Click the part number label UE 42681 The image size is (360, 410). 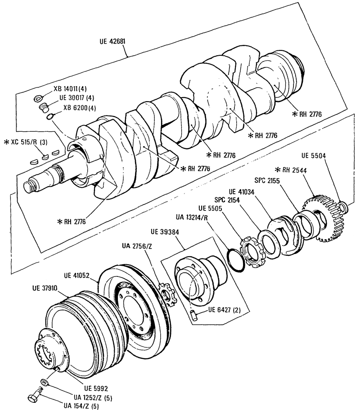(112, 41)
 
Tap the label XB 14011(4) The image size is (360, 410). (70, 89)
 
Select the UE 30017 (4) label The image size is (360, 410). (76, 98)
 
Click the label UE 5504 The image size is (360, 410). (314, 156)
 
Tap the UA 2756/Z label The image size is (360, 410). (137, 246)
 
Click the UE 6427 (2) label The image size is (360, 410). (225, 310)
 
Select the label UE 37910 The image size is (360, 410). (45, 288)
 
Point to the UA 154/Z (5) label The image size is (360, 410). (81, 406)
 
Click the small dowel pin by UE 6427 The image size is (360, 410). (194, 315)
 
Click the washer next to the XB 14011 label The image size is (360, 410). (39, 98)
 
